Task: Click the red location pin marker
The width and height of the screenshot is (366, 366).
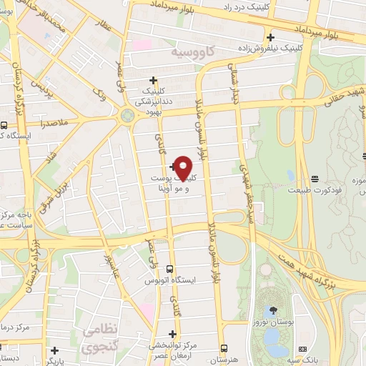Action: (x=184, y=167)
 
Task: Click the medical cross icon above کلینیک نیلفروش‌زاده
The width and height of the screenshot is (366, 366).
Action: (x=269, y=37)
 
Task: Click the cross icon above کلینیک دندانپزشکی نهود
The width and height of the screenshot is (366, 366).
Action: (x=152, y=80)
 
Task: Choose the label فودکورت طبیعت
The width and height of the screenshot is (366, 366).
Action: (x=315, y=191)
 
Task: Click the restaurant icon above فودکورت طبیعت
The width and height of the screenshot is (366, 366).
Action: (x=315, y=178)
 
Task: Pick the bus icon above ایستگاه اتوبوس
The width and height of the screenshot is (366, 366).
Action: (x=169, y=269)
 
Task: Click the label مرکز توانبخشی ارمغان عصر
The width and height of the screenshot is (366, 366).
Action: (x=172, y=350)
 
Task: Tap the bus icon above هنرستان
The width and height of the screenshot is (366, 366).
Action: (x=224, y=348)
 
